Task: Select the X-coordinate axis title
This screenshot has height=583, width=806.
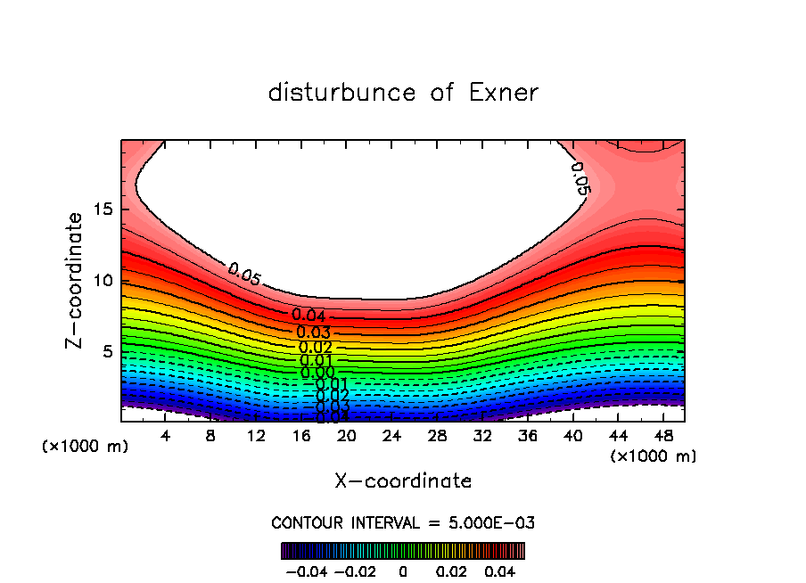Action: [x=403, y=481]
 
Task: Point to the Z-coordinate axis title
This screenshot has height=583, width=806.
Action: [x=76, y=280]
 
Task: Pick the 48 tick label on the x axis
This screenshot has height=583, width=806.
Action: [x=662, y=436]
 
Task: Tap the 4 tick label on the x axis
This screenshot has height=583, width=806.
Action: [x=166, y=436]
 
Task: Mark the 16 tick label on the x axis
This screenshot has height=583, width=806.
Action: [x=300, y=436]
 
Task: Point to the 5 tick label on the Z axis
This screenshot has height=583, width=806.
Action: [x=106, y=352]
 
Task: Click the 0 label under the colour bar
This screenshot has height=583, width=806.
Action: [x=402, y=570]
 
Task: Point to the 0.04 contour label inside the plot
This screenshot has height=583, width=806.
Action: [x=309, y=316]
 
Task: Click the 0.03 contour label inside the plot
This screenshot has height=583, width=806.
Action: [x=313, y=333]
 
